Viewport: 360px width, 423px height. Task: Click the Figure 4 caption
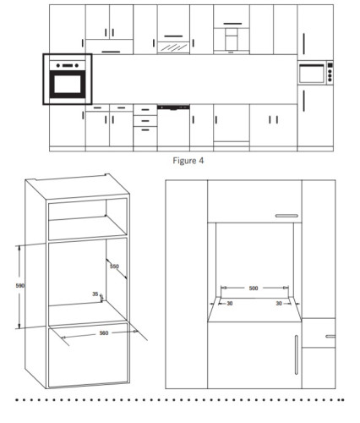click(188, 161)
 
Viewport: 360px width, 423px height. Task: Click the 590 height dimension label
click(20, 286)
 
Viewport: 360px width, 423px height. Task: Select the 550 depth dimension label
click(114, 266)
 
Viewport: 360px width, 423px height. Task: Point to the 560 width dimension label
click(104, 333)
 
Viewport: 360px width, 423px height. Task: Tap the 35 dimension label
click(95, 294)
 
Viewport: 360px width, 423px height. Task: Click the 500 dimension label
click(254, 288)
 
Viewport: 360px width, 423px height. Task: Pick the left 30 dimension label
click(230, 304)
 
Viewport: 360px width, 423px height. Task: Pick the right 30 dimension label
click(279, 304)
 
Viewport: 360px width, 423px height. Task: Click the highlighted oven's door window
click(68, 84)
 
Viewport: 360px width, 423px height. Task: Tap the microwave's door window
click(312, 74)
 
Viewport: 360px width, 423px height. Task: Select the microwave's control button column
click(330, 72)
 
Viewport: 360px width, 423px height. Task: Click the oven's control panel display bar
click(68, 66)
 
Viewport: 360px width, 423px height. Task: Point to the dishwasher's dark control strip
click(173, 107)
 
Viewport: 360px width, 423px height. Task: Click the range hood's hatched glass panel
click(173, 47)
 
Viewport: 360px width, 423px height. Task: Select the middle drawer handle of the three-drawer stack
click(145, 121)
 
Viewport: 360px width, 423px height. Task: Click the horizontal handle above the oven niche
click(286, 216)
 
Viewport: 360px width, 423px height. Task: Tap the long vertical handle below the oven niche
click(296, 354)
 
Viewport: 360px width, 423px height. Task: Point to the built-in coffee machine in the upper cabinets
click(232, 39)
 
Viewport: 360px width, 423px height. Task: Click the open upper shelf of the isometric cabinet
click(88, 218)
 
